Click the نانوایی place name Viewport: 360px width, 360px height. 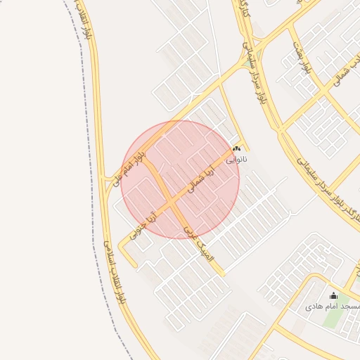click(236, 160)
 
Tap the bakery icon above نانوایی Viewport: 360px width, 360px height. click(237, 149)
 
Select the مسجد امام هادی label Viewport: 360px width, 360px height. click(333, 307)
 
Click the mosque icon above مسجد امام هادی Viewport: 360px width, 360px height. click(333, 296)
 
